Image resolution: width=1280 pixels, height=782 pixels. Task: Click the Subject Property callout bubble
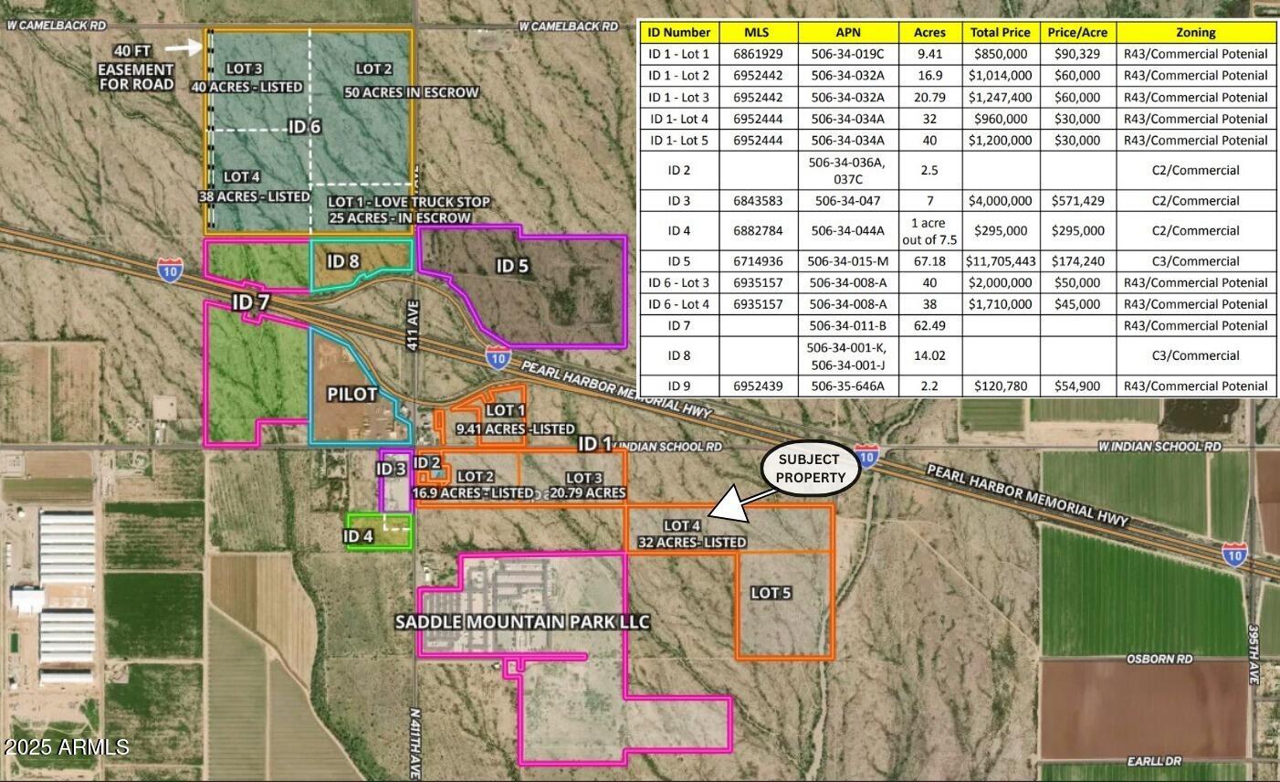810,468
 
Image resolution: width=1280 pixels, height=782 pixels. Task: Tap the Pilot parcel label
352,395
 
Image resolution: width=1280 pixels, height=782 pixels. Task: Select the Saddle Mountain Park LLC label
522,622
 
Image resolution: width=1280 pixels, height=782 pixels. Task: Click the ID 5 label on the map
512,266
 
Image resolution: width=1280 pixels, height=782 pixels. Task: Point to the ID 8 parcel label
342,261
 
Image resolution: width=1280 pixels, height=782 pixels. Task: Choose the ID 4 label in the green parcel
358,536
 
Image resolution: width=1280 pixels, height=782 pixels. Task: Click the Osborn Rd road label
1159,659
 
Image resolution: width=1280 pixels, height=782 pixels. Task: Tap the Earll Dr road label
1154,760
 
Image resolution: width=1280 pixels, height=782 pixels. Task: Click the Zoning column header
1195,32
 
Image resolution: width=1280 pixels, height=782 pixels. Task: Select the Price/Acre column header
1077,32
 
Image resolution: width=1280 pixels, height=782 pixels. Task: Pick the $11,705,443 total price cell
1001,261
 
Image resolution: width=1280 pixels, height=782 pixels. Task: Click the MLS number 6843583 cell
758,201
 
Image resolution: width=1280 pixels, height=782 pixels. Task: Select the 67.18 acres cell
929,261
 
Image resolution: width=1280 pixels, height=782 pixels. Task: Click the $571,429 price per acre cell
1077,201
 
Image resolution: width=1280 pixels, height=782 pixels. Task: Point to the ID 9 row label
678,386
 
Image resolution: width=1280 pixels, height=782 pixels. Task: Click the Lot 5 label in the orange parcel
771,593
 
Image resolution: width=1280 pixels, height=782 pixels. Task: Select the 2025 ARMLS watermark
66,747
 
